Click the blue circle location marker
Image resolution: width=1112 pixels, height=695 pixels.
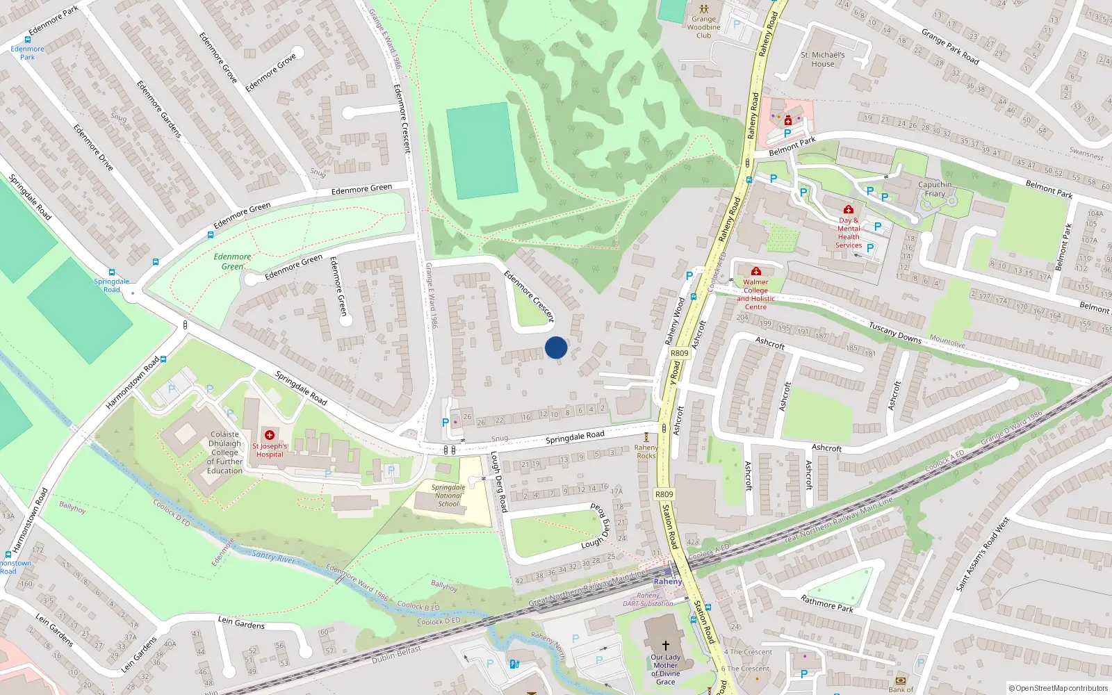[556, 347]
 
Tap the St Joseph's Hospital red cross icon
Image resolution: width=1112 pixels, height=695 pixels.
[270, 435]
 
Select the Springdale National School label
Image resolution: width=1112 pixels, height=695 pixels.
[448, 496]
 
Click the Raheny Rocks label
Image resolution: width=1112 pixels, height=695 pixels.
[646, 452]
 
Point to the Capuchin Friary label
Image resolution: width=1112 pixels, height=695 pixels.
[935, 189]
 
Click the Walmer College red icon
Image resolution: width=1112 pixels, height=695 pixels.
[756, 271]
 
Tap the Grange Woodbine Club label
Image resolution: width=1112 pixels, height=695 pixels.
[703, 28]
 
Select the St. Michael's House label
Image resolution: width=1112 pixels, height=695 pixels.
[823, 59]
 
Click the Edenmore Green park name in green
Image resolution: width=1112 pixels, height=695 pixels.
[232, 261]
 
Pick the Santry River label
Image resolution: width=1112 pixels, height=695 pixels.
[273, 557]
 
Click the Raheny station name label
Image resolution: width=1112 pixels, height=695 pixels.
[668, 582]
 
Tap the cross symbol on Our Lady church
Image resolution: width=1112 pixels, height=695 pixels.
[665, 646]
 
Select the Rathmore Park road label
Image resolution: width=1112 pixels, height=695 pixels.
[826, 603]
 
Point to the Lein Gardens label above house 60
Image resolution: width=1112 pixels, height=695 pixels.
[241, 622]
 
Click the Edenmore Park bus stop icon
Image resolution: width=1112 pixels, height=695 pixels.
[28, 40]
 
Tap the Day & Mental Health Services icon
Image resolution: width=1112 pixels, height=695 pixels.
[848, 209]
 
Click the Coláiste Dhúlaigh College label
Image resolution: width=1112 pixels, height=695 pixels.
[224, 452]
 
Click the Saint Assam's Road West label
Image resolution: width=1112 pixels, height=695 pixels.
[982, 555]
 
